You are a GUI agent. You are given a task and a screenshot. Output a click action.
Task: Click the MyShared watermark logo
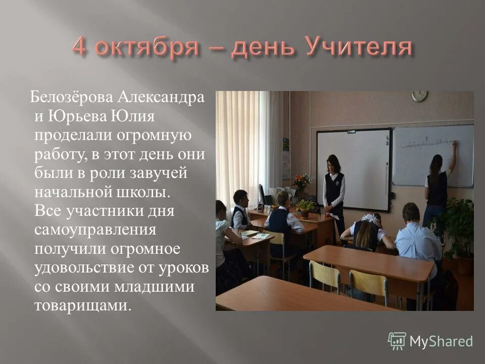click(430, 341)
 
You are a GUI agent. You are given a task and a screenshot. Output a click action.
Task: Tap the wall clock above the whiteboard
click(419, 96)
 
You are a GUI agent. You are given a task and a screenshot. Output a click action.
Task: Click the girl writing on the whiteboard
click(438, 187)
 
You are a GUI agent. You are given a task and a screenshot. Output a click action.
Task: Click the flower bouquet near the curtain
click(302, 182)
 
